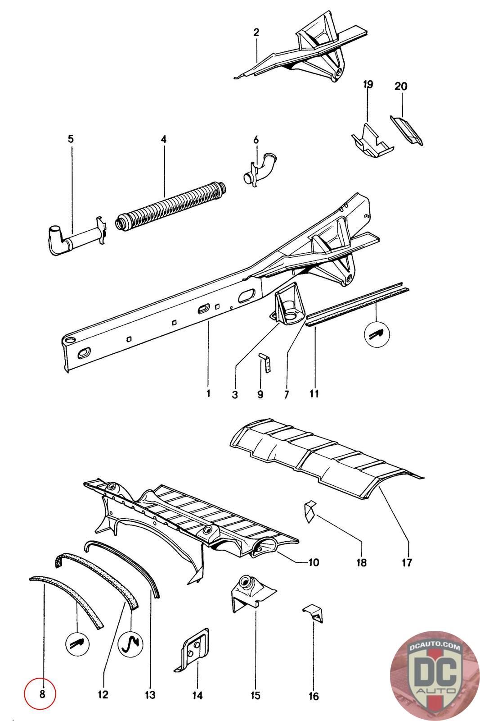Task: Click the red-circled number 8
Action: pos(42,694)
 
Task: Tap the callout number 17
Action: pos(407,562)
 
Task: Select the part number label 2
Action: pos(256,32)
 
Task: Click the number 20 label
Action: pos(400,86)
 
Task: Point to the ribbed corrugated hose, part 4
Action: pos(171,207)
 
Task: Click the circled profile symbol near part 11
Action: pos(377,334)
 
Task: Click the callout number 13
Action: pos(150,694)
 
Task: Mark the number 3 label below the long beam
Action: pos(235,395)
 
